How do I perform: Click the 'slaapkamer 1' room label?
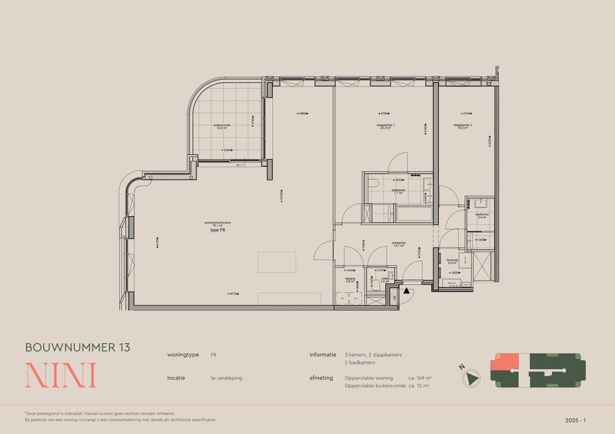(386, 126)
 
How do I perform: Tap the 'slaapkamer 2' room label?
(462, 126)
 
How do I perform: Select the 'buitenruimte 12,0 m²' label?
(220, 127)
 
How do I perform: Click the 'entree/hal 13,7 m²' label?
(398, 245)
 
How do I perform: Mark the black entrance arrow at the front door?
(407, 292)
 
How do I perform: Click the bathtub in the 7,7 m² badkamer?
(413, 214)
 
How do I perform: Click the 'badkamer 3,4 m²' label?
(482, 216)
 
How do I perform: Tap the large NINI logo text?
(60, 375)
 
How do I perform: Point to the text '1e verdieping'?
(226, 378)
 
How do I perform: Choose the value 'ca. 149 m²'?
(420, 378)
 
